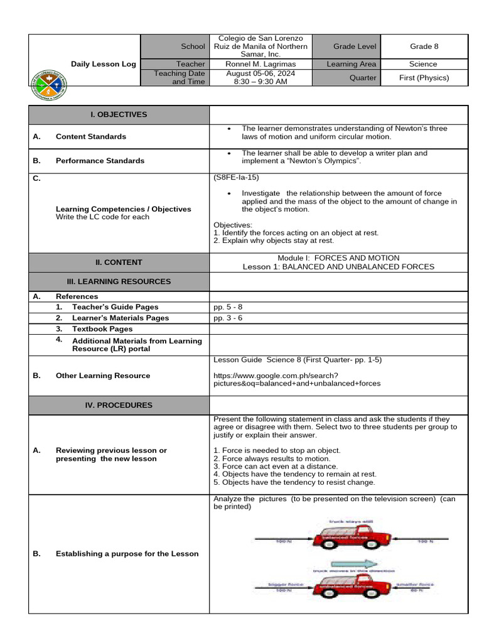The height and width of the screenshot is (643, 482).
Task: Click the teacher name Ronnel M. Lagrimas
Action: tap(260, 64)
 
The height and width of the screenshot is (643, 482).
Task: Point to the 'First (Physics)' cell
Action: tap(424, 78)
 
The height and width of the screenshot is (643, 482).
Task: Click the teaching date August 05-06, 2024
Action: tap(260, 73)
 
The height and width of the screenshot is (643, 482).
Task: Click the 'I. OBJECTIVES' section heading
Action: tap(119, 114)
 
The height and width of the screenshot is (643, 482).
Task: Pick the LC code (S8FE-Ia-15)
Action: tap(236, 178)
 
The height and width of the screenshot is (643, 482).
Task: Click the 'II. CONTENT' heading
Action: tap(119, 262)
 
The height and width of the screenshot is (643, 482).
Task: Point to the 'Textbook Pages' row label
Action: tap(102, 328)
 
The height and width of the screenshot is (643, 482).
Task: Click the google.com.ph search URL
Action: tap(297, 379)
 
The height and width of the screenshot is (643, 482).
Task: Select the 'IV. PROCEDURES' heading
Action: tap(119, 405)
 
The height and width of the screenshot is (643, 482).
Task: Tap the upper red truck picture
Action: tap(351, 537)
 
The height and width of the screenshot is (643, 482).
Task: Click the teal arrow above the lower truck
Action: tap(355, 563)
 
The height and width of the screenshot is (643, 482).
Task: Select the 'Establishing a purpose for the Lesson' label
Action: tap(127, 554)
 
